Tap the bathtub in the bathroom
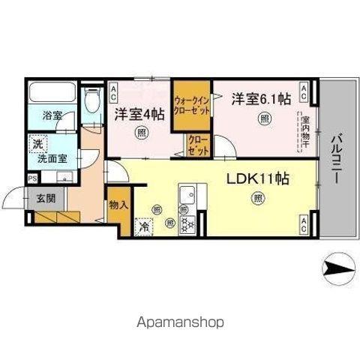(x=53, y=94)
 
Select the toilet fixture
(x=92, y=100)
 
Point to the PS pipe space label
(x=31, y=178)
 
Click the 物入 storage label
(x=118, y=204)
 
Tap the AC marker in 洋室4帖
(x=113, y=93)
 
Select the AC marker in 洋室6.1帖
(x=304, y=93)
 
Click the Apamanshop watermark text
(x=179, y=322)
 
